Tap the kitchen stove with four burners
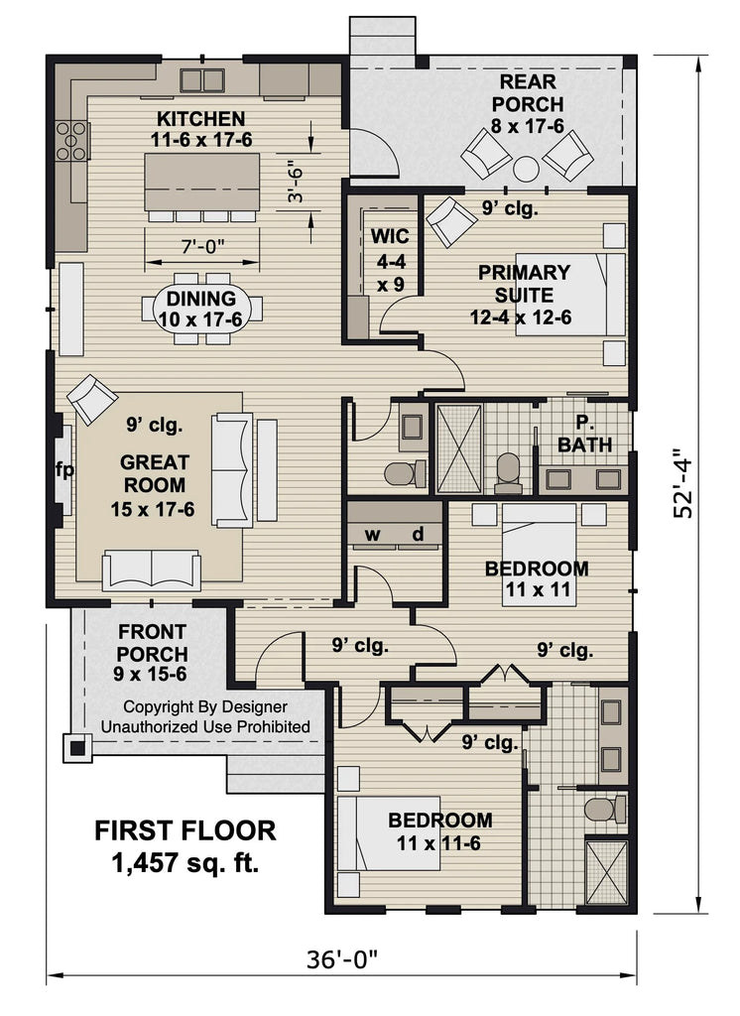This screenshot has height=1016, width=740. pos(70,140)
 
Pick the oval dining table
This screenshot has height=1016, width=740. pos(202,309)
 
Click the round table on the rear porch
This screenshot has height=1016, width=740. pos(527,167)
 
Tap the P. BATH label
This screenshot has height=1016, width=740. pos(584,434)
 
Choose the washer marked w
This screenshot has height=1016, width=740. pos(373,535)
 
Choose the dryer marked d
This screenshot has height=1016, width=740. pos(418,535)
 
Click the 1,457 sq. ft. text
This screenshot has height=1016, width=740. pos(185,862)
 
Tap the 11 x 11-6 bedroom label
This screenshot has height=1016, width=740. pos(438,831)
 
